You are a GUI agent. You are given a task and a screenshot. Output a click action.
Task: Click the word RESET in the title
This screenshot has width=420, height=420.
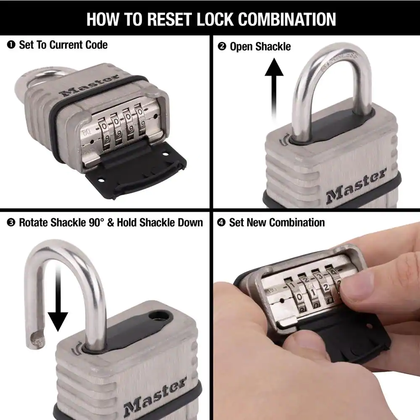(x=170, y=19)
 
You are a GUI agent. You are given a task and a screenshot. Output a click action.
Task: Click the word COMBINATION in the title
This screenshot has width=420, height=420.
(x=286, y=19)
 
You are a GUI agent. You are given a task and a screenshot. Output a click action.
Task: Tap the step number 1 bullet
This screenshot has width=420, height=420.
(x=11, y=45)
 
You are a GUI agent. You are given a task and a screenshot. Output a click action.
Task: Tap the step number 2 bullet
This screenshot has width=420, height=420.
(x=222, y=47)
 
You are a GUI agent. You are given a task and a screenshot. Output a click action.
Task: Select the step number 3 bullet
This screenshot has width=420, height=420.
(x=11, y=223)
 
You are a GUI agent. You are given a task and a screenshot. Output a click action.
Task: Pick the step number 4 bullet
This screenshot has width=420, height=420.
(x=221, y=223)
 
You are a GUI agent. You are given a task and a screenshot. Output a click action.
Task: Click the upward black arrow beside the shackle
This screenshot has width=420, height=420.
(x=274, y=90)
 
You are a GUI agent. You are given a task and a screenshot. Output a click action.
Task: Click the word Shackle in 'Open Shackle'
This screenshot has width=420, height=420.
(x=273, y=47)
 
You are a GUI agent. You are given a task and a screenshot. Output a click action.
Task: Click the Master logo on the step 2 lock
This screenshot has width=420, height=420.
(x=356, y=185)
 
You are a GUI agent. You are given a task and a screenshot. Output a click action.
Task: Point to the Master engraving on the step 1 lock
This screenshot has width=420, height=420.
(x=90, y=85)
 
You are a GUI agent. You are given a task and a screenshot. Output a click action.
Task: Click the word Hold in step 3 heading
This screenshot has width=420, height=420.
(x=127, y=223)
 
